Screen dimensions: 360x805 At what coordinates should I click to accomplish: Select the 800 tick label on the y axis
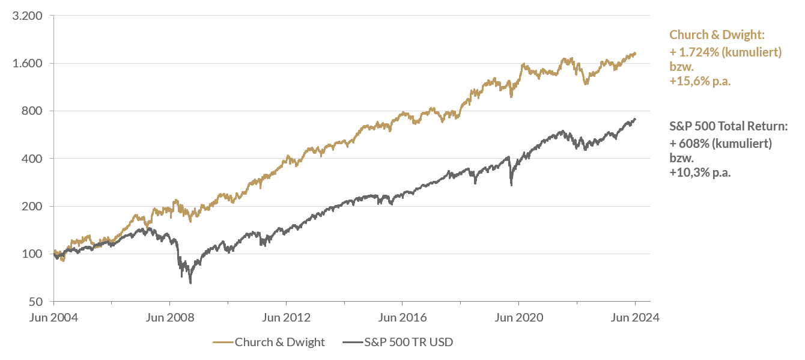click(x=34, y=111)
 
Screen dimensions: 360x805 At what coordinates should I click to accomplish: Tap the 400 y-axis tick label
click(x=34, y=159)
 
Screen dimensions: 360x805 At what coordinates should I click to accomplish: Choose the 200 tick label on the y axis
click(x=34, y=206)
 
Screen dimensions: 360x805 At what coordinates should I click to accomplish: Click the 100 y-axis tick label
click(x=34, y=254)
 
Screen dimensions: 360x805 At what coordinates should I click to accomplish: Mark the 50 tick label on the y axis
click(x=37, y=301)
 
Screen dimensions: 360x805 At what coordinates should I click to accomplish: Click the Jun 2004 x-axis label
click(x=53, y=318)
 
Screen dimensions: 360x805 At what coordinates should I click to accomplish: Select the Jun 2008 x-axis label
click(x=170, y=318)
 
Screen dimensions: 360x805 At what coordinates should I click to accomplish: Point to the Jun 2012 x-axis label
click(x=286, y=318)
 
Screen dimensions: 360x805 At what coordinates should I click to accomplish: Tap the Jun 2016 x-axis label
click(x=402, y=318)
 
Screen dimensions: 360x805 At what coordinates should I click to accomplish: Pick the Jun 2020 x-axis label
click(x=518, y=318)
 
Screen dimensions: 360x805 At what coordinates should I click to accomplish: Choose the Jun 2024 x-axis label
click(x=635, y=318)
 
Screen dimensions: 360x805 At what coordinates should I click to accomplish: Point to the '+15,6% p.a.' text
click(x=700, y=82)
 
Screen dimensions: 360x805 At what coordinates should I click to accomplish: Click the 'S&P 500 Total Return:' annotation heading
click(x=728, y=126)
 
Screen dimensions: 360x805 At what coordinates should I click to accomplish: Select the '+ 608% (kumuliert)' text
click(x=720, y=144)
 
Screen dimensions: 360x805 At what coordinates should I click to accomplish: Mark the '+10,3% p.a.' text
click(x=700, y=172)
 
